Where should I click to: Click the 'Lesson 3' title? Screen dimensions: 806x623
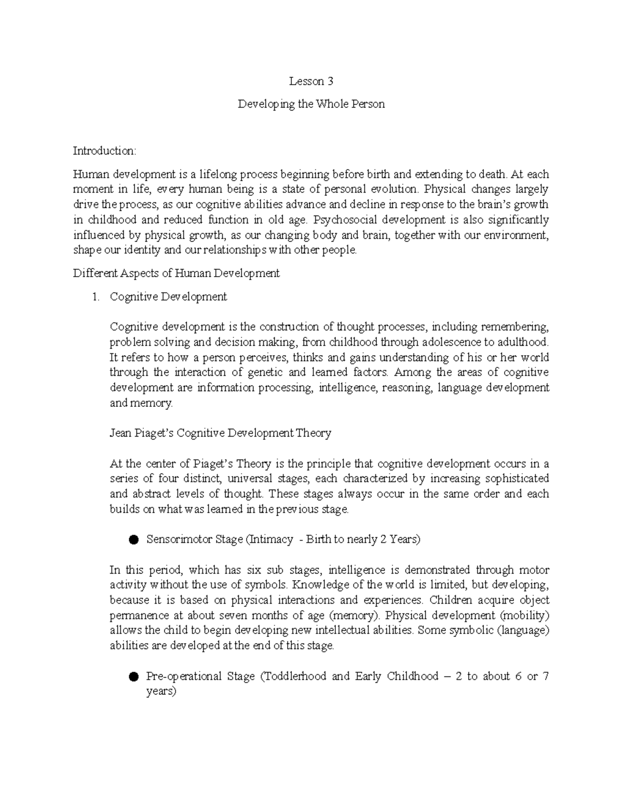pos(311,81)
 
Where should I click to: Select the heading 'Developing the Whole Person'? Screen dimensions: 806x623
pos(311,104)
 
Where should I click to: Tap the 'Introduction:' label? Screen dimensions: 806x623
pos(104,151)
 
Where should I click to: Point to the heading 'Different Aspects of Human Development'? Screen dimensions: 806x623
pos(177,273)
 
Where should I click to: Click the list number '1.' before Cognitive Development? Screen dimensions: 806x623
pos(95,297)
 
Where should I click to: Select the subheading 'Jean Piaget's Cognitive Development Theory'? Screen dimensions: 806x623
pos(220,433)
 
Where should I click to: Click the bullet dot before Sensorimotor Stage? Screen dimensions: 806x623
pos(133,540)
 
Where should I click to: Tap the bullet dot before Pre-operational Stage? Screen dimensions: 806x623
pos(133,677)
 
